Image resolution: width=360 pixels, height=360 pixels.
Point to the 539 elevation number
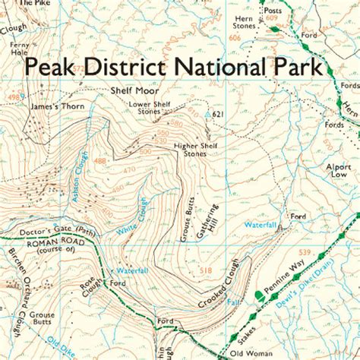(305, 252)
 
